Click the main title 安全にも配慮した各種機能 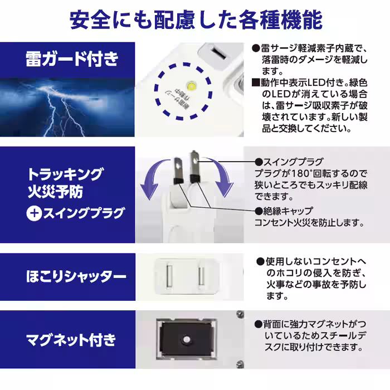click(x=195, y=19)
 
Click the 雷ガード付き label click(x=72, y=58)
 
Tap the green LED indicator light click(x=192, y=86)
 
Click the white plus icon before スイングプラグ click(x=35, y=213)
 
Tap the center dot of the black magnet click(x=186, y=340)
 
